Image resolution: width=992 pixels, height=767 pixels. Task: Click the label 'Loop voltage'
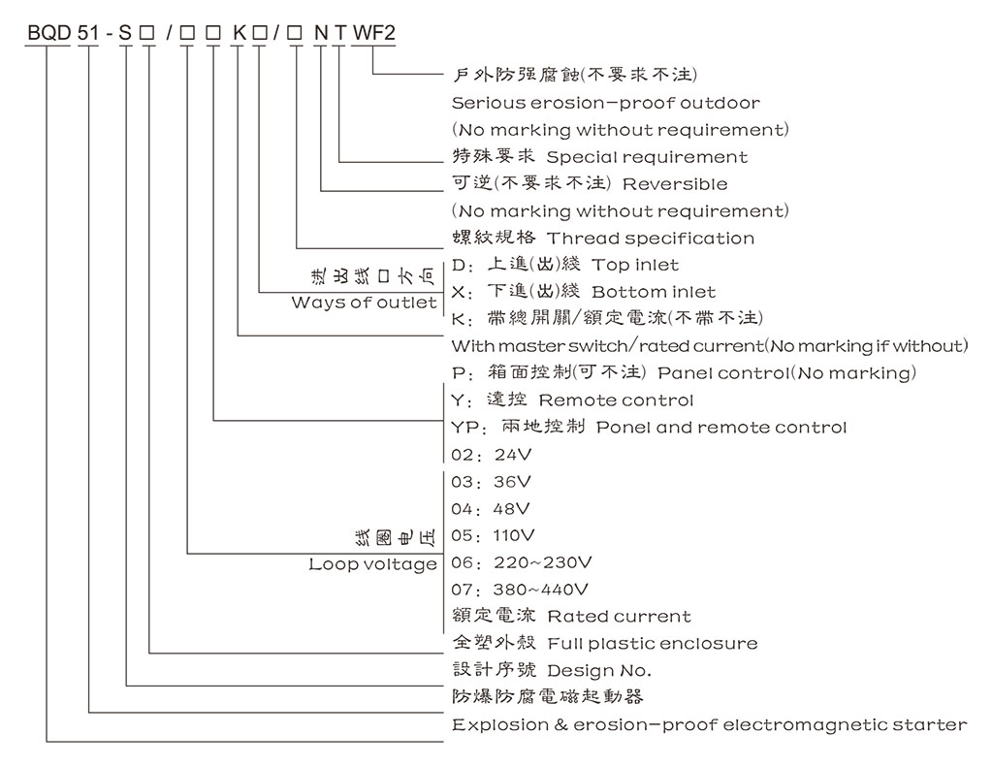click(373, 564)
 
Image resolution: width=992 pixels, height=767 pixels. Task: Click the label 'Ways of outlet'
click(365, 304)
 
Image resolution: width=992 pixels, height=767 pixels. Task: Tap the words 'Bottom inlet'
click(654, 292)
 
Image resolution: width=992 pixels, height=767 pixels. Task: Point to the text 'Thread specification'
click(650, 238)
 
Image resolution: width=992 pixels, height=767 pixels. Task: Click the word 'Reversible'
click(674, 183)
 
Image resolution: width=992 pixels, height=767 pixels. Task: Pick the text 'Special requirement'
click(647, 156)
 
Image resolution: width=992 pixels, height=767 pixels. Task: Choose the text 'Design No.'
click(599, 670)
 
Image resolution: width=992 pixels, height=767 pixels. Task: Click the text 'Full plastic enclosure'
click(652, 643)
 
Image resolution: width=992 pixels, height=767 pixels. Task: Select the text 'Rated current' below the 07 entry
click(619, 616)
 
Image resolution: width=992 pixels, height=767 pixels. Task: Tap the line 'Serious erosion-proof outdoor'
click(606, 102)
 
